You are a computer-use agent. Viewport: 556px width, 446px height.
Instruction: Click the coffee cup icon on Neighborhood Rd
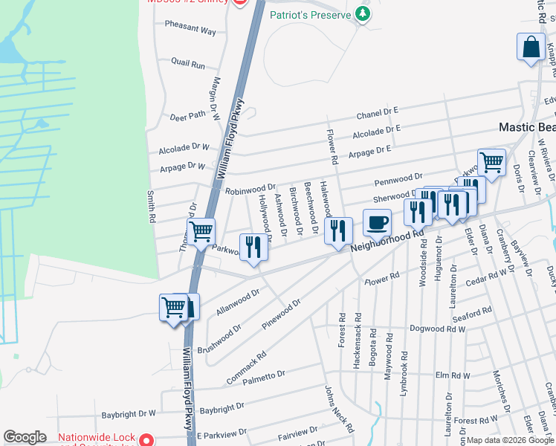[378, 222]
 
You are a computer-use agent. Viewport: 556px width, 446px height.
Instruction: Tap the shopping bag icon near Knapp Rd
[532, 47]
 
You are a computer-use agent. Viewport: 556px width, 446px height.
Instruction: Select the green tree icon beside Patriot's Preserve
[362, 13]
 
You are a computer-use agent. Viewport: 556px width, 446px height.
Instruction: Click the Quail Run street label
[187, 65]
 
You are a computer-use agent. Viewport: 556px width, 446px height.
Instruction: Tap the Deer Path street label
[187, 117]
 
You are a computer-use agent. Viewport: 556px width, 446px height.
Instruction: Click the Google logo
[25, 437]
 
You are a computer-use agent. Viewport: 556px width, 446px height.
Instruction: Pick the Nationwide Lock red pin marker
[147, 439]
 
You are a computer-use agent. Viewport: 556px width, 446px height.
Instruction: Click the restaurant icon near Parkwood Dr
[253, 247]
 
